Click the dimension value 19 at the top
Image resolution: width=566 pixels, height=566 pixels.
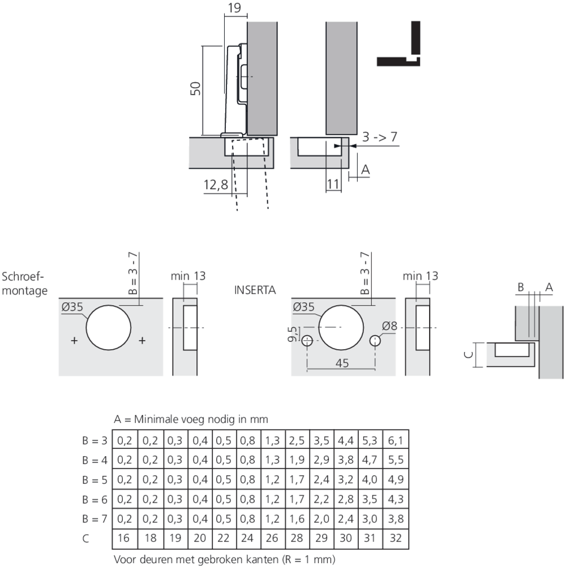tap(235, 8)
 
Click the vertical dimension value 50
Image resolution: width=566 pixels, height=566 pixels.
tap(194, 89)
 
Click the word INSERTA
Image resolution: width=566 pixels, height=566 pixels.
tap(254, 290)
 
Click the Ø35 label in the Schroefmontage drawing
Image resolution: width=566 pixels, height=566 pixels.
tap(73, 307)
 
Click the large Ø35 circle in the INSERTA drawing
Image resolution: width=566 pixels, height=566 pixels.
tap(341, 327)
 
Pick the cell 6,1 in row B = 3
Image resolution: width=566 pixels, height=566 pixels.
tap(396, 440)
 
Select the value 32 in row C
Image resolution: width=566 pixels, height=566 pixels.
tap(396, 538)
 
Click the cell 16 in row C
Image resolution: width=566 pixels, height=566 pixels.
tap(125, 538)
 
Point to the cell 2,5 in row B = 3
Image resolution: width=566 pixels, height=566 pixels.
tap(297, 440)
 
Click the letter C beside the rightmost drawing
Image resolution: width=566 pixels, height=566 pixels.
tap(468, 354)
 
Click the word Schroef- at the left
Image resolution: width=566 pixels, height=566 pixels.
tap(23, 277)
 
